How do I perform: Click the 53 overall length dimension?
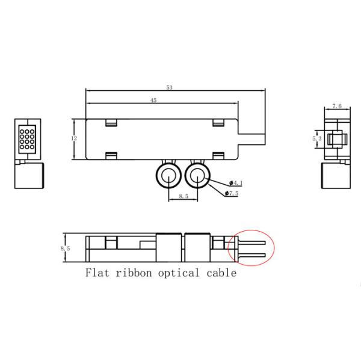(170, 88)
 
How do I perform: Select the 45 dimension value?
(153, 101)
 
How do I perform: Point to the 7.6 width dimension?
(337, 106)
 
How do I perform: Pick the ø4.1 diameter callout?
(236, 182)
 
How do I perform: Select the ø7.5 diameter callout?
(232, 193)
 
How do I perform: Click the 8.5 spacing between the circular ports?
(184, 196)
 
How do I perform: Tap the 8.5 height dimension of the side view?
(66, 247)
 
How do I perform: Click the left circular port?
(169, 176)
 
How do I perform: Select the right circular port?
(197, 176)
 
